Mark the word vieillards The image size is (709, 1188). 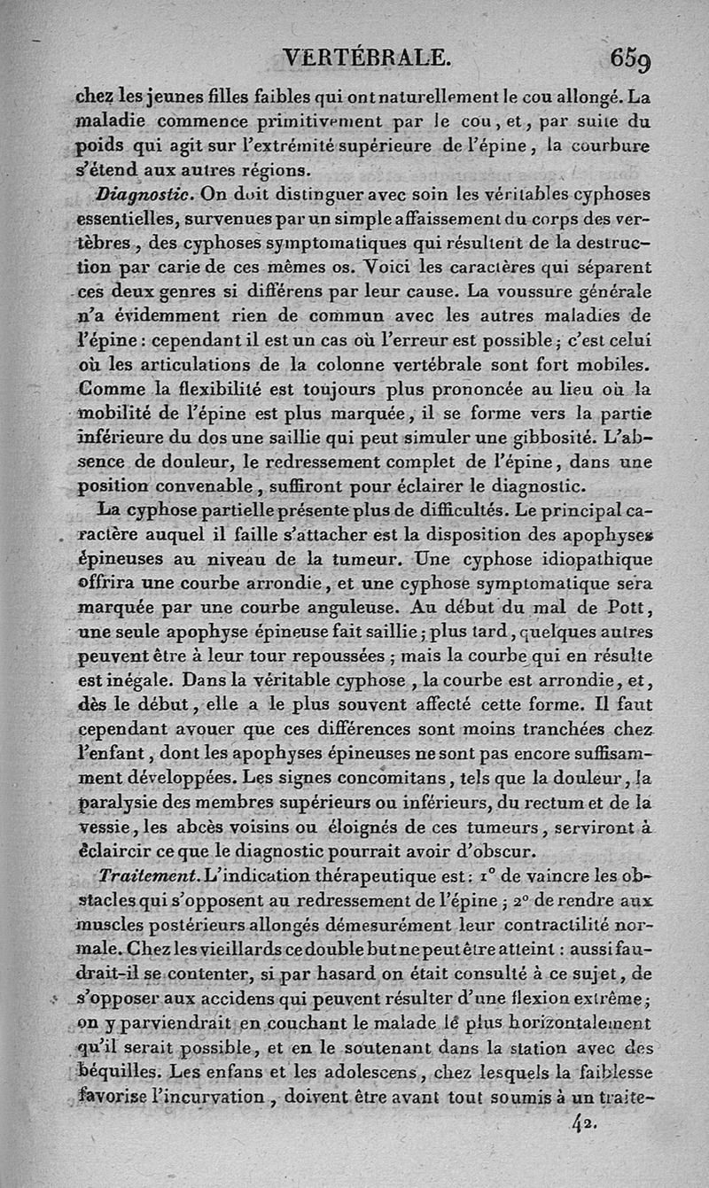tap(197, 949)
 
